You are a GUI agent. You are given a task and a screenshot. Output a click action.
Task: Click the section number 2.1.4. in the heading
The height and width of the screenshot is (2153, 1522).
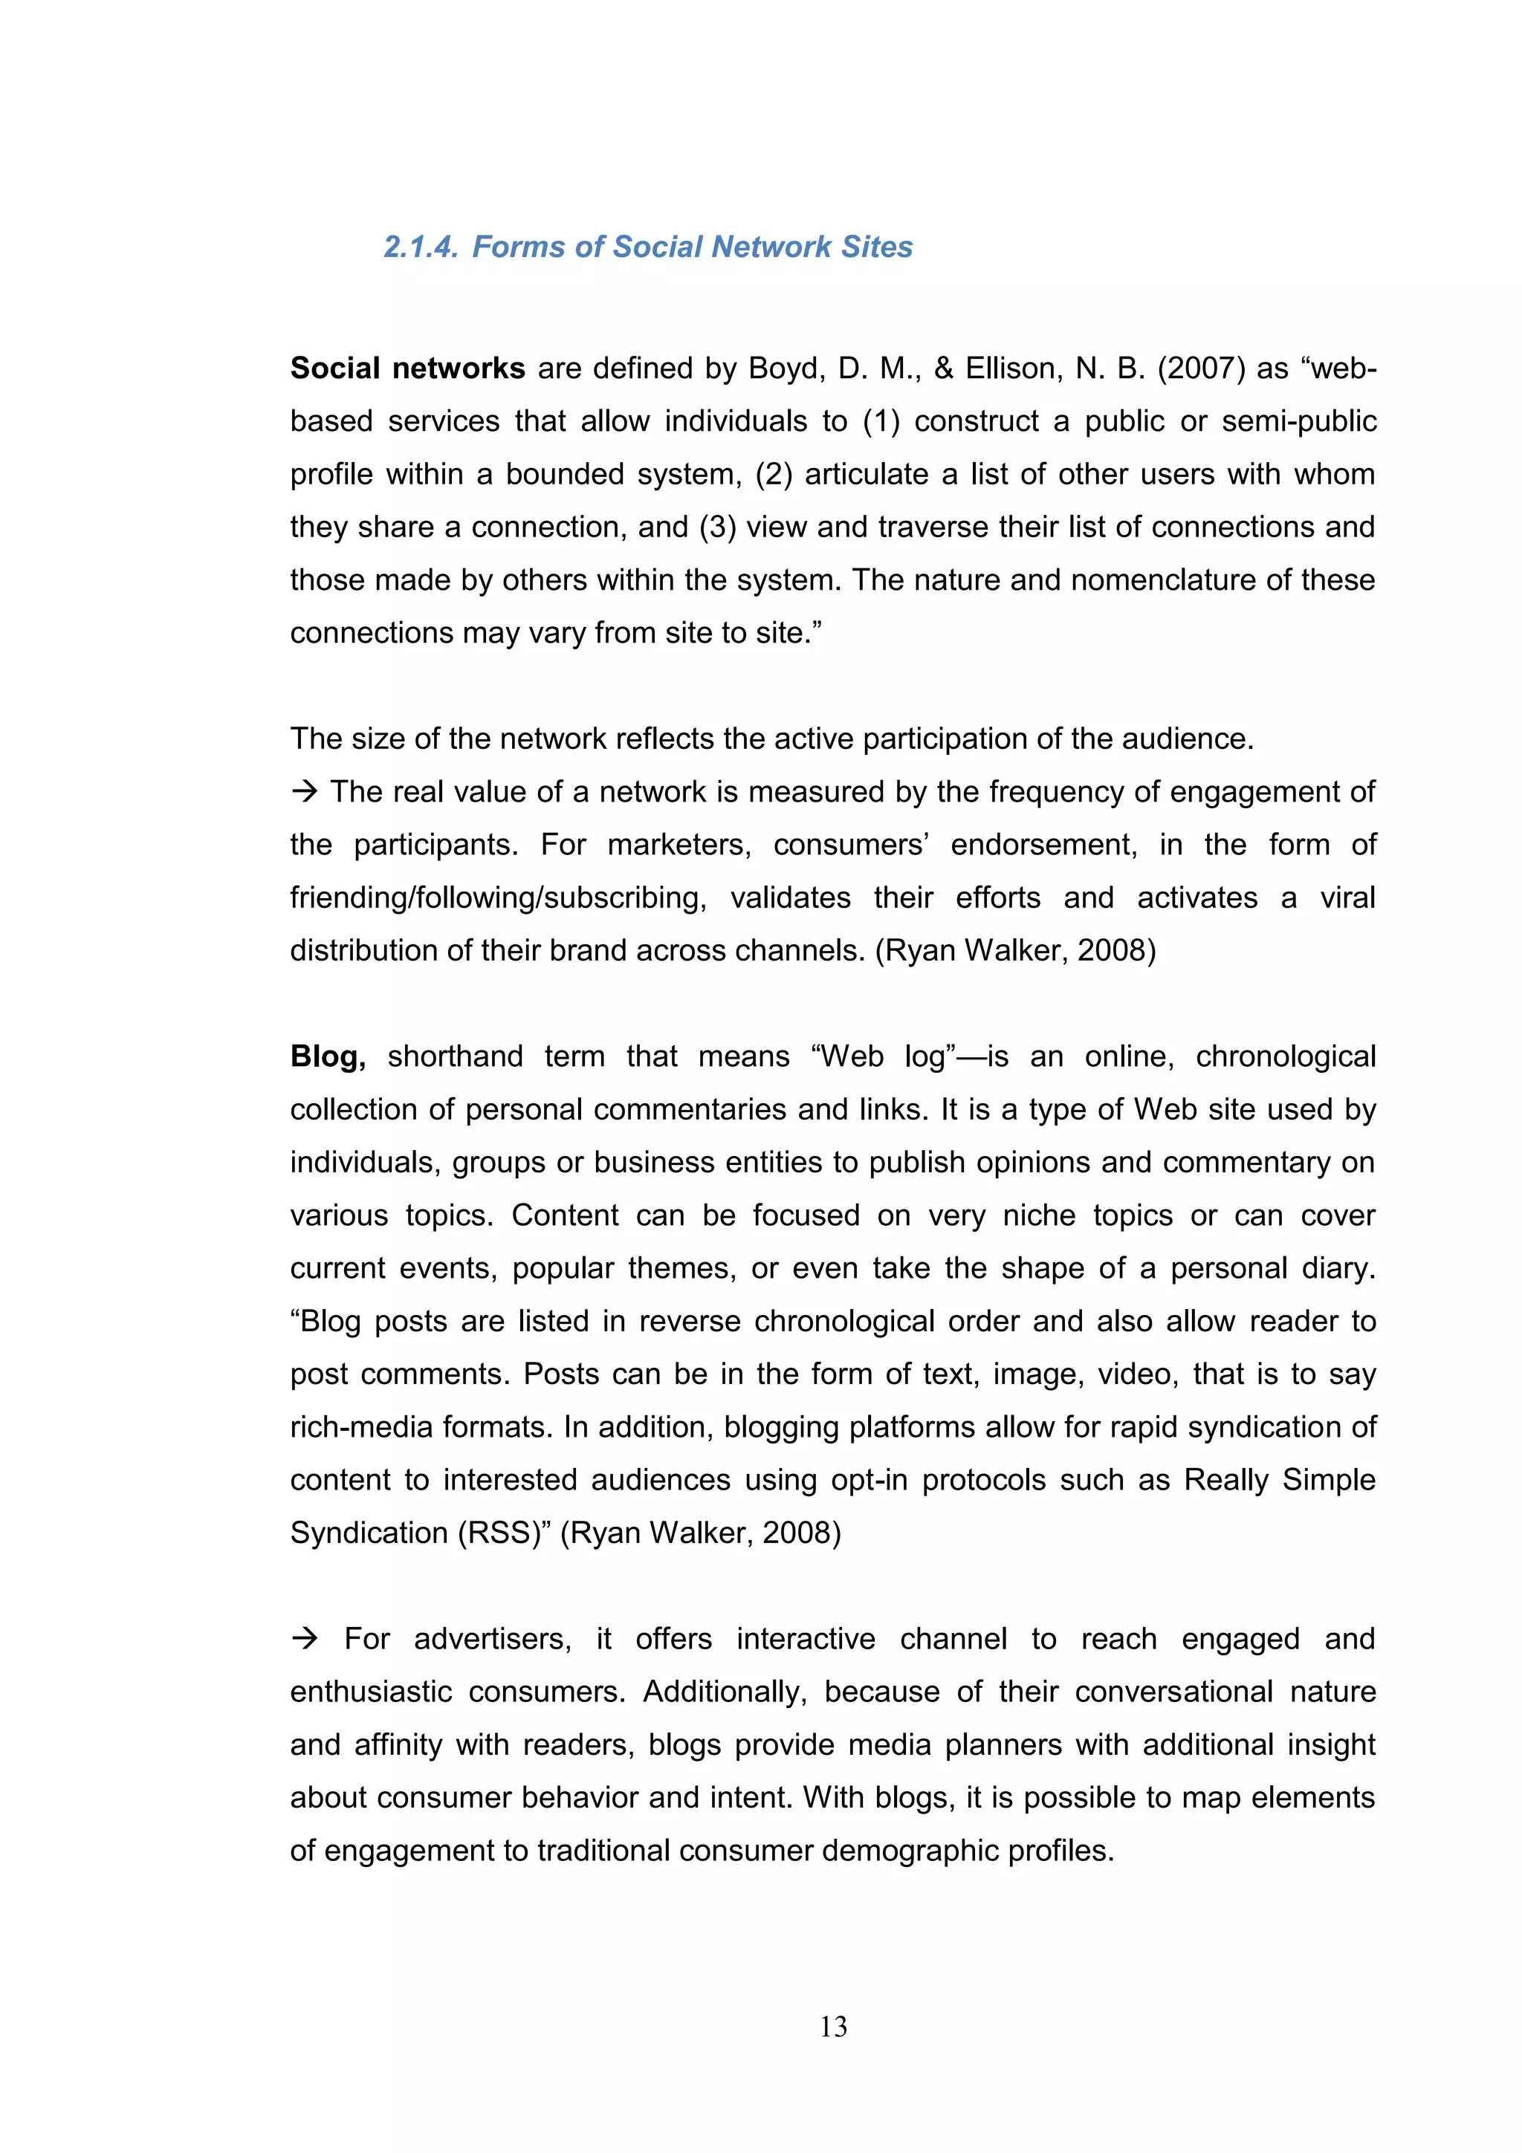tap(420, 247)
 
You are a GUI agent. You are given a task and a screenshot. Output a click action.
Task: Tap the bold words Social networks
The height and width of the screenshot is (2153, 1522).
tap(407, 368)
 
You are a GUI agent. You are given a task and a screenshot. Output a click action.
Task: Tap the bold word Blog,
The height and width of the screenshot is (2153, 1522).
tap(327, 1056)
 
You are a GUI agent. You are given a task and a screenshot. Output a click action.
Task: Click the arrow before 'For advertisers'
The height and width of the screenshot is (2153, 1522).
tap(304, 1639)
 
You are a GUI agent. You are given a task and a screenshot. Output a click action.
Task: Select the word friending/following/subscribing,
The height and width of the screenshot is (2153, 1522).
tap(498, 898)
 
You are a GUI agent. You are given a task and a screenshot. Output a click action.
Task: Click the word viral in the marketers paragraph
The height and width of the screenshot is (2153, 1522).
tap(1347, 898)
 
